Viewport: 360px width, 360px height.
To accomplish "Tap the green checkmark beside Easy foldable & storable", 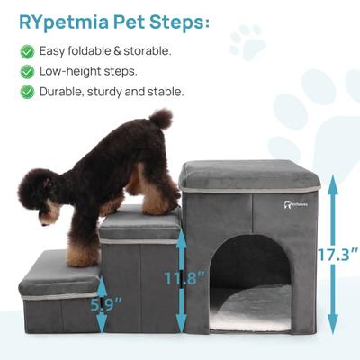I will (27, 50).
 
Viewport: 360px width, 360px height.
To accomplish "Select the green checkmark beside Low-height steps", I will (27, 70).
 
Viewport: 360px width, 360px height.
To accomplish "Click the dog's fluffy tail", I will (159, 119).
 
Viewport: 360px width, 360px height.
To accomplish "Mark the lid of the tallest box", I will (250, 175).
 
